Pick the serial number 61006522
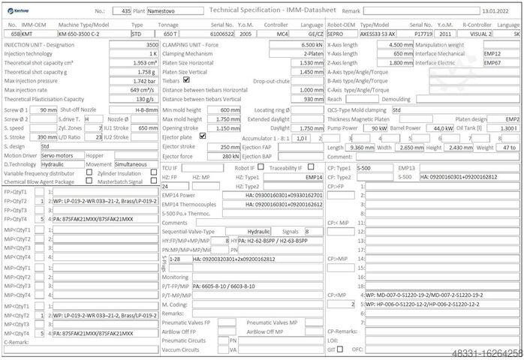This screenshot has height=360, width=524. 220,34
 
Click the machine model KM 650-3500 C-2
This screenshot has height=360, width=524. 88,34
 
